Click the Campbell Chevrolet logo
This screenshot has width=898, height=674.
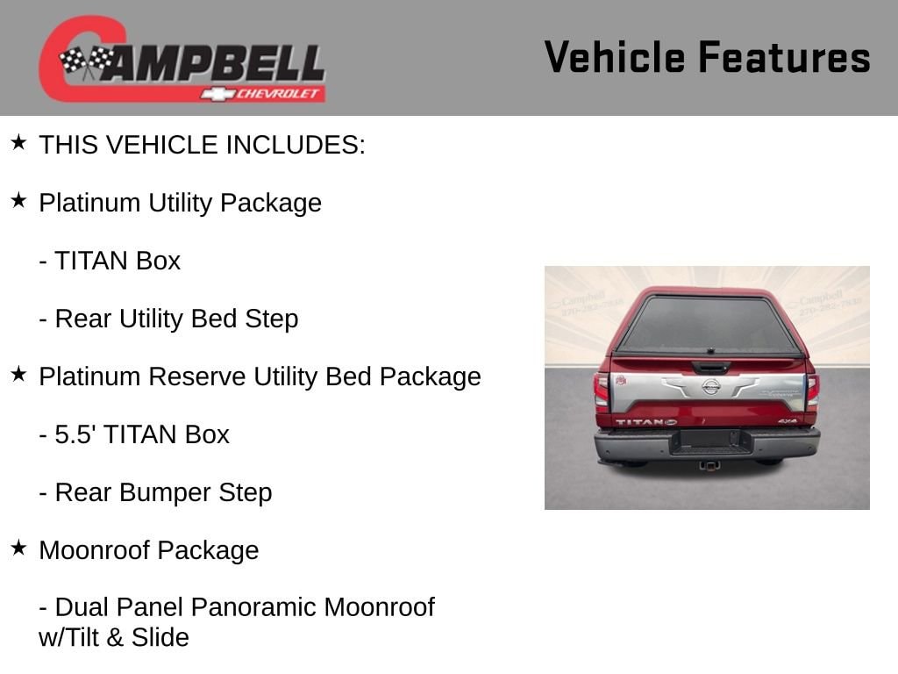click(182, 59)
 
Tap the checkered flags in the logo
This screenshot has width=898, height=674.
click(87, 61)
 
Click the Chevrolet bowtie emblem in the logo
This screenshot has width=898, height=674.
click(217, 93)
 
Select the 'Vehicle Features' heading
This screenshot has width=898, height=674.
click(708, 57)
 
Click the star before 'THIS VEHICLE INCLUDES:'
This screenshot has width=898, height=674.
click(19, 143)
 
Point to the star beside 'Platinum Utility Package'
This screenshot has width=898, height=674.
click(19, 201)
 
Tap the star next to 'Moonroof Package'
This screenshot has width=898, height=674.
click(19, 548)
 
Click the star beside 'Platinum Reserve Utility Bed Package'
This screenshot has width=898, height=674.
click(19, 374)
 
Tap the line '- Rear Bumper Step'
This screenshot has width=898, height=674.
click(155, 493)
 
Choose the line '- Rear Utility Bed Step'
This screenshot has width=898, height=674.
click(168, 319)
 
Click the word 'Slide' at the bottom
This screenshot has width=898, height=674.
click(160, 637)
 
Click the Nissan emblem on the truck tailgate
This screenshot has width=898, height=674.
click(710, 387)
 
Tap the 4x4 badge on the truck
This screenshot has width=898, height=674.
click(788, 421)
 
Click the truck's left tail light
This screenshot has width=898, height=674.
click(601, 391)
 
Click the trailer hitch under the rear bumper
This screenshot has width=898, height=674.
click(709, 465)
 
